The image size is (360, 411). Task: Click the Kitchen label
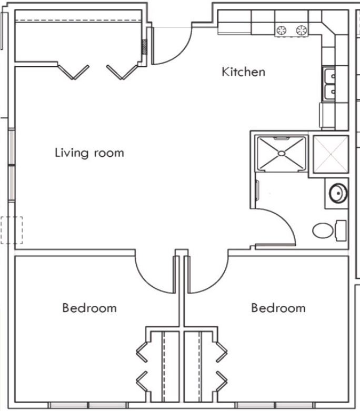[243, 72]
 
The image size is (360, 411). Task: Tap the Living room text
[89, 153]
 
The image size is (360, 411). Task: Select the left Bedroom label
[89, 308]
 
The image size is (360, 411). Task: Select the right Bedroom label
[278, 308]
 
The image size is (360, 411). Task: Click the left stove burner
[282, 31]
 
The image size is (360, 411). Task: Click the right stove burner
[302, 31]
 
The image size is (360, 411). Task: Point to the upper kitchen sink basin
[329, 75]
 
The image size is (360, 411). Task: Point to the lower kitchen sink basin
[329, 92]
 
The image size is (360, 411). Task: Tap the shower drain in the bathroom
[282, 153]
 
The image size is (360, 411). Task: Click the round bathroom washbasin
[338, 193]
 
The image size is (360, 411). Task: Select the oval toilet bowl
[323, 230]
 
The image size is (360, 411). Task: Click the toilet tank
[341, 230]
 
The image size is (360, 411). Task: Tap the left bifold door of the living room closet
[73, 72]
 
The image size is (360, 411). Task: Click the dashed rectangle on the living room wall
[12, 230]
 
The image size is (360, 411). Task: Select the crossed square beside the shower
[331, 154]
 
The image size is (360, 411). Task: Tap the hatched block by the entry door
[144, 47]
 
